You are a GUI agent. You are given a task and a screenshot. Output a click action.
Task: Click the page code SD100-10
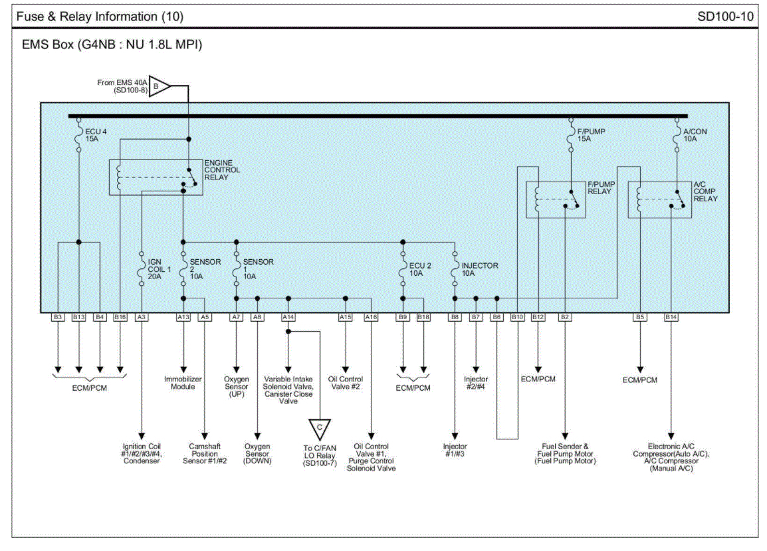point(725,17)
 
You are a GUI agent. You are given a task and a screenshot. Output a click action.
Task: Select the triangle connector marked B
point(159,86)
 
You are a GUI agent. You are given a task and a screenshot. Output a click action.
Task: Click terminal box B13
point(78,317)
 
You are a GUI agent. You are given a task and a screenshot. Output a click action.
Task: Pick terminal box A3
point(142,317)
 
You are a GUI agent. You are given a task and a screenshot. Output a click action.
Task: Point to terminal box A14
point(288,317)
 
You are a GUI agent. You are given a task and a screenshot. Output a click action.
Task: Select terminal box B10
point(518,317)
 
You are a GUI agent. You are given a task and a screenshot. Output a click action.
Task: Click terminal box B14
point(671,317)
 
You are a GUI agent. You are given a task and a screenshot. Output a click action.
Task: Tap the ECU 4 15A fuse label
point(96,135)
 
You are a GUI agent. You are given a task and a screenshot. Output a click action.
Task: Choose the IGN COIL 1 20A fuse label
point(160,269)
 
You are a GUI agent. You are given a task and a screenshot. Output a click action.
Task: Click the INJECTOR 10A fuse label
point(480,269)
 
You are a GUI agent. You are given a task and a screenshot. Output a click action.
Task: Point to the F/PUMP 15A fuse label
point(591,135)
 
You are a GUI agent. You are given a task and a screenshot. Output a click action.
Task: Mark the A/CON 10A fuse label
point(695,135)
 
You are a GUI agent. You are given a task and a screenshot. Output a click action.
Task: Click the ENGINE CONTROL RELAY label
point(222,169)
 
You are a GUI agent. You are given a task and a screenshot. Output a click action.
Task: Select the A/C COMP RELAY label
point(705,191)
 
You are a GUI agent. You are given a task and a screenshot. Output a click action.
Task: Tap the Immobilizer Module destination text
point(183,383)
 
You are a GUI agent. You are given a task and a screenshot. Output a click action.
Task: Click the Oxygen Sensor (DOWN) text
point(257,453)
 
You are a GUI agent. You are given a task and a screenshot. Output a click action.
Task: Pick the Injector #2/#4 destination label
point(476,383)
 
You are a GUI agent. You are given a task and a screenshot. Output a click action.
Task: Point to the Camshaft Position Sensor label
point(205,453)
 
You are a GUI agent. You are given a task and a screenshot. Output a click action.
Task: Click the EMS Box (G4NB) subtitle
point(112,45)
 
